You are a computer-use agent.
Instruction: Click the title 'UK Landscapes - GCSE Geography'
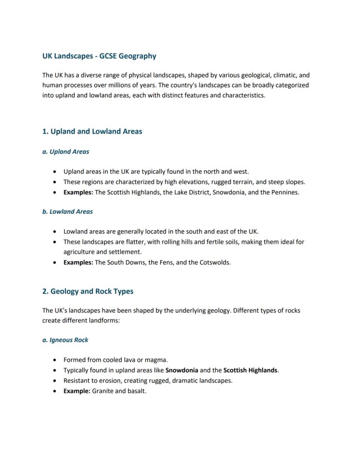(x=99, y=56)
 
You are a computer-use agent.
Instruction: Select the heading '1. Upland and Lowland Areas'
(x=92, y=131)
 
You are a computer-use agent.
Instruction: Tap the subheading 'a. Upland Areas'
(x=66, y=152)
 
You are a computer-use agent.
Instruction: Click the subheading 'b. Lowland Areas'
(x=67, y=212)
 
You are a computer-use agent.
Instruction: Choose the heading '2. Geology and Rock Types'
(x=88, y=292)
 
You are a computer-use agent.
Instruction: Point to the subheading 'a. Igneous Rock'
(x=65, y=340)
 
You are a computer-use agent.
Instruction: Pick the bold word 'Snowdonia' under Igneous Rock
(x=182, y=370)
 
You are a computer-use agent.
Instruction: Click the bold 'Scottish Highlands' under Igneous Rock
(x=250, y=370)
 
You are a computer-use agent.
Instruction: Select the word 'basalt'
(x=137, y=391)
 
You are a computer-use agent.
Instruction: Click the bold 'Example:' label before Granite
(x=77, y=391)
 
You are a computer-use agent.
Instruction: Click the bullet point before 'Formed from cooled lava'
(x=54, y=360)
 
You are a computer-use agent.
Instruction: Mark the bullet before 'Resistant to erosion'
(x=54, y=381)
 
